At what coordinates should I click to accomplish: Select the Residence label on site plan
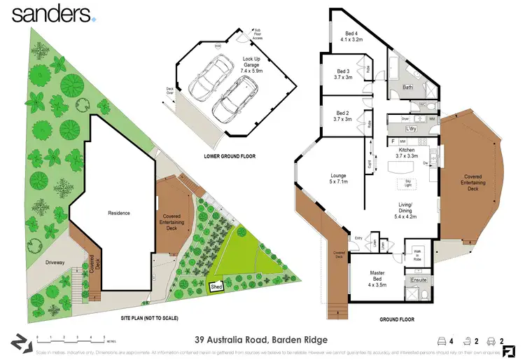[x=118, y=213]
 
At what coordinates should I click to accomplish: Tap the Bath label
[x=408, y=88]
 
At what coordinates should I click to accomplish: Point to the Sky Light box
[x=407, y=184]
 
